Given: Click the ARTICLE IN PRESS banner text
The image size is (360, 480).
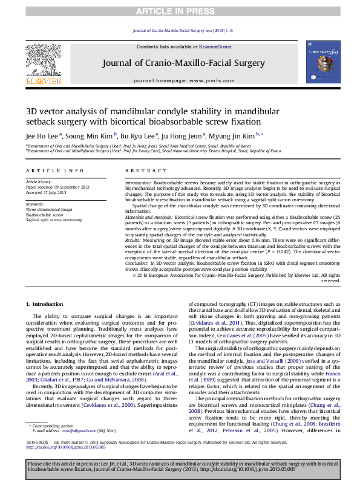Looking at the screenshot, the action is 180,11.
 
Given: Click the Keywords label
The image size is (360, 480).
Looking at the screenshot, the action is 35,204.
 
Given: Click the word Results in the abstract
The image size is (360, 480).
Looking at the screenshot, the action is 134,239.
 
